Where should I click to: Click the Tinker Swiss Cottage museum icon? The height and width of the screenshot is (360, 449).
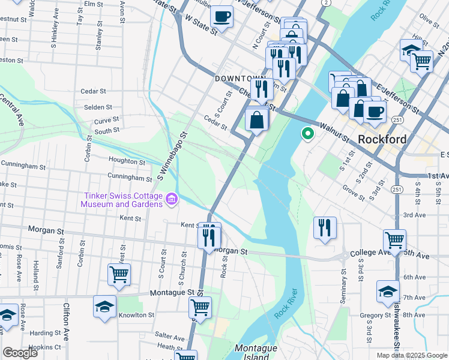click(171, 199)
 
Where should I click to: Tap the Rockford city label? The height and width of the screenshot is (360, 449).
click(382, 139)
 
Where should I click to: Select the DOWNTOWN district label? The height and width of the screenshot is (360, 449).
click(240, 79)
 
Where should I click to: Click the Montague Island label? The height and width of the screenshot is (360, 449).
click(256, 352)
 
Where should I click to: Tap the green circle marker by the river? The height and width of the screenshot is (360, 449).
click(308, 133)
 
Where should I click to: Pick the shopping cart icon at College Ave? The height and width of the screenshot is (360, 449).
click(394, 240)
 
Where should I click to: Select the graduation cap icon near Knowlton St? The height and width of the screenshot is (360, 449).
click(104, 305)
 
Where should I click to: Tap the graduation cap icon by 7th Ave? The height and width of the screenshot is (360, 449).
click(388, 292)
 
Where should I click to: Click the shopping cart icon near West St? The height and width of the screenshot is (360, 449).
click(119, 274)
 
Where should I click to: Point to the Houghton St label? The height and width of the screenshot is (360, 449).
click(126, 160)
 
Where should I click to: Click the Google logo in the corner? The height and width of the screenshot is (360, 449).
click(20, 353)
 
